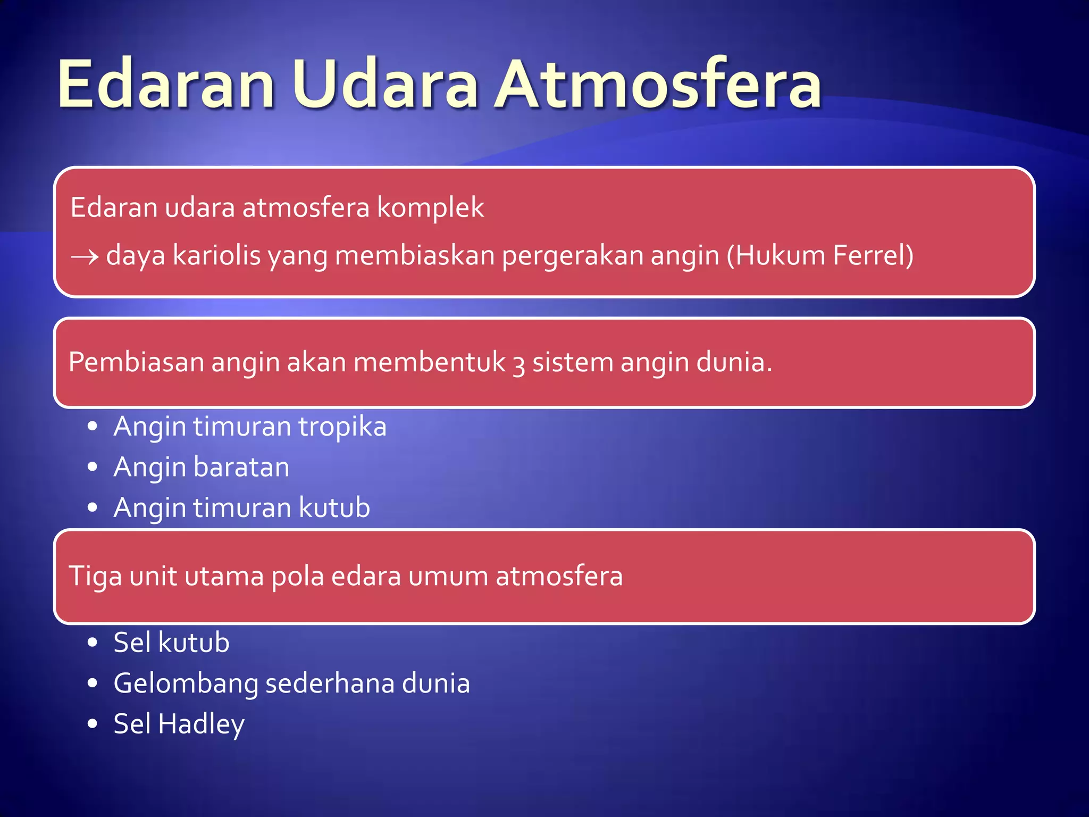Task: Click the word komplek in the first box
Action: (430, 208)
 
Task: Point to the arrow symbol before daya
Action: (85, 257)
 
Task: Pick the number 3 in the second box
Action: (518, 365)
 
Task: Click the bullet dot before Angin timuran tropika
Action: (93, 427)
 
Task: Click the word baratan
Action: (241, 468)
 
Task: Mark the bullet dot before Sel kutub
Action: (93, 643)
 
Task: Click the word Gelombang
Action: (186, 684)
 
